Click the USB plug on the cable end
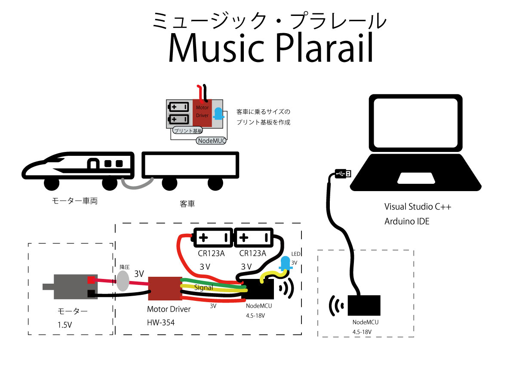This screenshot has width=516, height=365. click(343, 173)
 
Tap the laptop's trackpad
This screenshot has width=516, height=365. click(415, 177)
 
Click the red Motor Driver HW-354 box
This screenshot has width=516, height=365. click(165, 288)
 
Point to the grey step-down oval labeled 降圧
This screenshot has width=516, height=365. click(123, 281)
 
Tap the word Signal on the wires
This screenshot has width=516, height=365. click(204, 287)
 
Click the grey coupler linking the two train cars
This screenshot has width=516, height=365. click(137, 184)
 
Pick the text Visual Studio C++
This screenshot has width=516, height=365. click(418, 207)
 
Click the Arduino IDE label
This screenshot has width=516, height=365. click(407, 222)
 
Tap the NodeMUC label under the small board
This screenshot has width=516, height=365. click(212, 140)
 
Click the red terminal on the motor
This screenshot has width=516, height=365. click(91, 280)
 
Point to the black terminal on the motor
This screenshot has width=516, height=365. click(91, 294)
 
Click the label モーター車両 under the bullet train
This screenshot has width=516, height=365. click(74, 201)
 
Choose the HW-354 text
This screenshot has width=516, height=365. click(161, 322)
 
